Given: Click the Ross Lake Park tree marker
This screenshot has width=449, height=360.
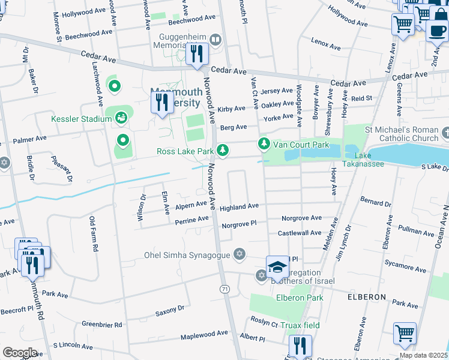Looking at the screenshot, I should [223, 149].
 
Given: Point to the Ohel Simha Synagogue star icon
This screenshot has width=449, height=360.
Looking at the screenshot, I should [240, 254].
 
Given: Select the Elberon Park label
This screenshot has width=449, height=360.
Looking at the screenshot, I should [300, 298].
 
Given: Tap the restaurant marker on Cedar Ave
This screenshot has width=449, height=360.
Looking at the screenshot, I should [197, 54].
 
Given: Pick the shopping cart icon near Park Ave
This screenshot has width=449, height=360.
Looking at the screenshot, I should [405, 334].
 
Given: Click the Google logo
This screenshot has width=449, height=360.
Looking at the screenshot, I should [20, 353].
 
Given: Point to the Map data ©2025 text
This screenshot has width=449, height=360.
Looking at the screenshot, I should [423, 355].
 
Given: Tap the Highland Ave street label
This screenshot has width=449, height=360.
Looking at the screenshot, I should [239, 207].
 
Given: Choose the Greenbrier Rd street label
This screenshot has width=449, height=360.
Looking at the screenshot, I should [102, 324].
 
